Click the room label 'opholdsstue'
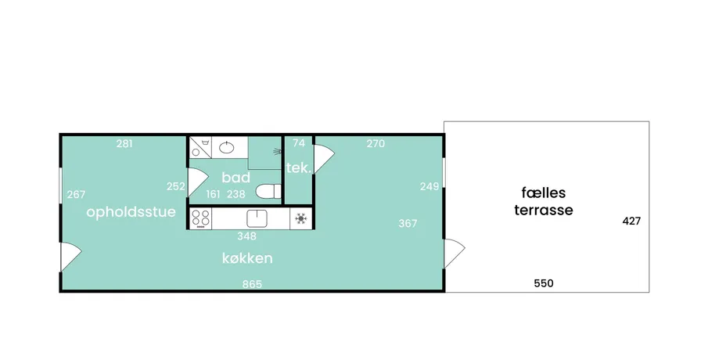pos(131,212)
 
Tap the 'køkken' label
pos(247,258)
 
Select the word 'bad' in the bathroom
pos(235,177)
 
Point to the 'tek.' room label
pos(299,168)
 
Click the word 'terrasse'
pos(544,210)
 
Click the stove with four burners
pos(200,218)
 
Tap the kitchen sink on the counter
pos(257,218)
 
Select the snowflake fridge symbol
pos(300,219)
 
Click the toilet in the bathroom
pos(268,192)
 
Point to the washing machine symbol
pos(200,147)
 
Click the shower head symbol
pos(276,152)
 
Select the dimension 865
pos(252,284)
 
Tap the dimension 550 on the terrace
pos(544,283)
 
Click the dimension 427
pos(631,221)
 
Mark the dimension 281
pos(124,144)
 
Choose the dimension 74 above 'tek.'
pos(299,143)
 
